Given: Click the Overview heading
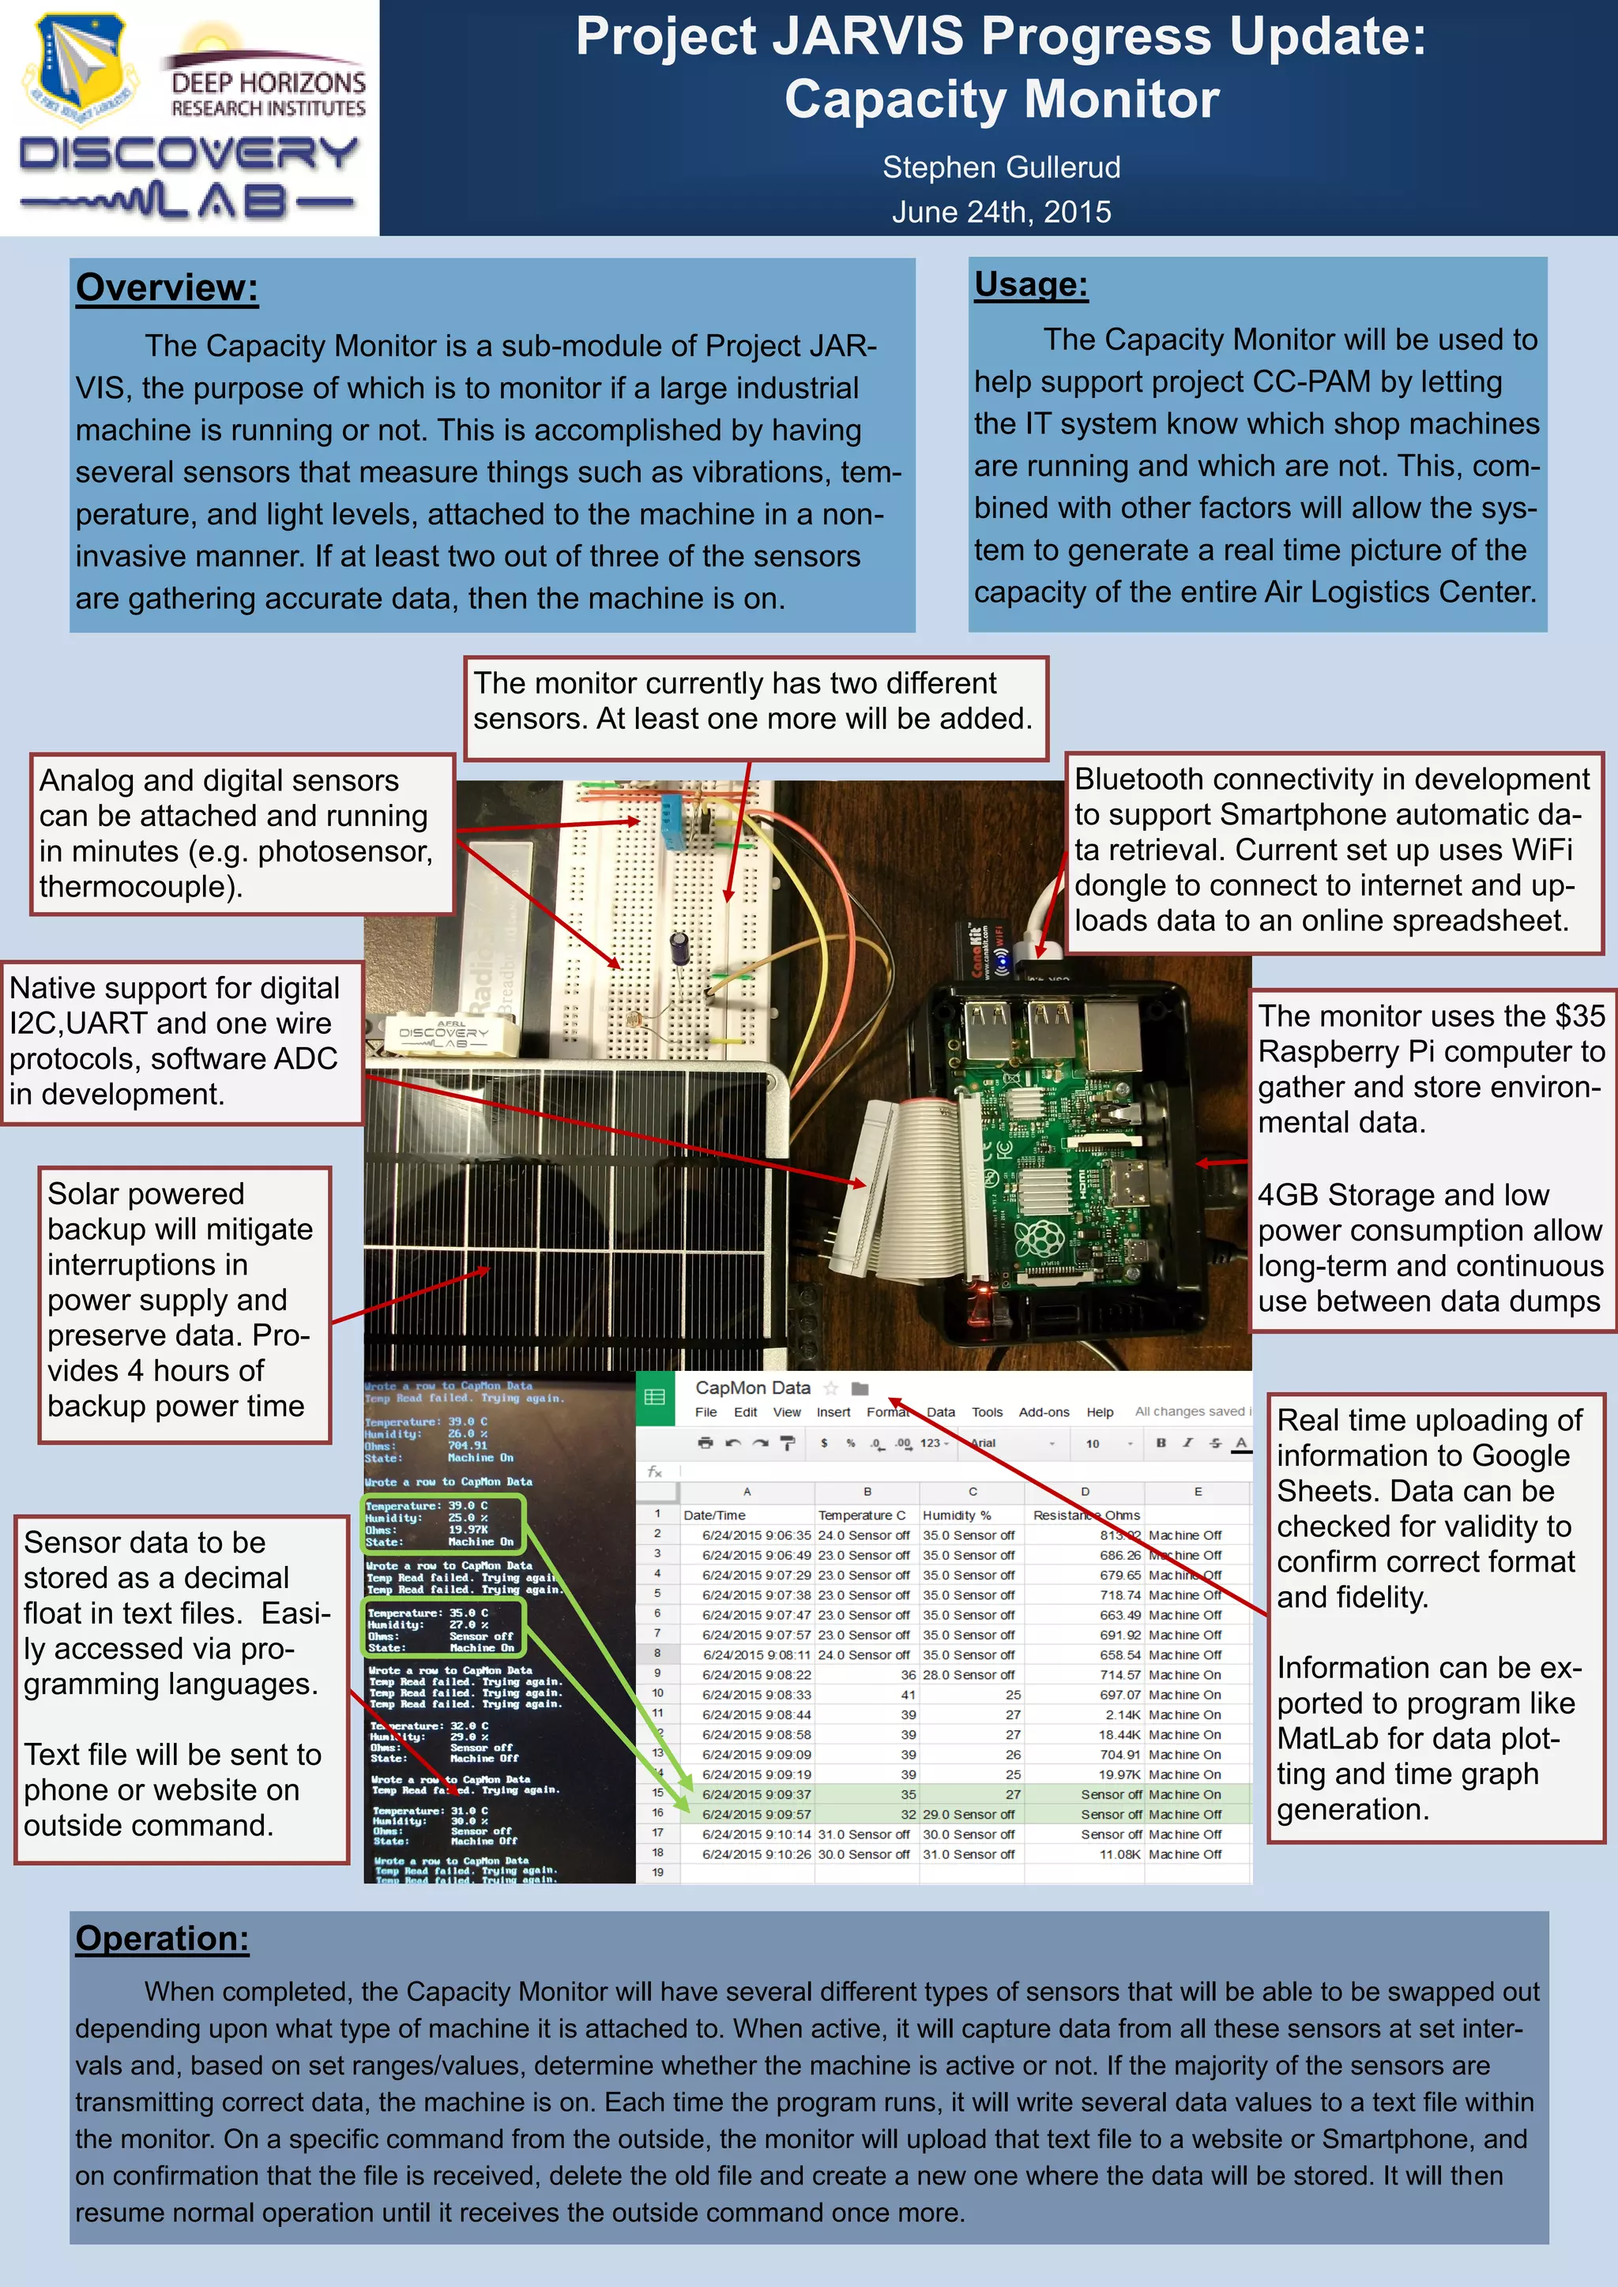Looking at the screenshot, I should coord(167,288).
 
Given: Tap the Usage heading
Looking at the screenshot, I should coord(1030,285).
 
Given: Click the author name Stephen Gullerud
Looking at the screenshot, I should coord(1000,167).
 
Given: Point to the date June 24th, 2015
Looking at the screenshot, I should coord(1000,212).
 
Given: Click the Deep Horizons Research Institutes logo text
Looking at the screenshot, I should coord(268,94).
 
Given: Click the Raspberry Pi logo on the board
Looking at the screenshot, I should coord(1038,1240).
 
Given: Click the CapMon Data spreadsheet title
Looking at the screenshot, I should coord(752,1388).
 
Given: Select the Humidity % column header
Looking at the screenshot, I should coord(957,1515).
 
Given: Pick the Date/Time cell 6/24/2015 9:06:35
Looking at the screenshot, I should coord(756,1535).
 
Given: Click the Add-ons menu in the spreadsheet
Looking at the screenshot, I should coord(1043,1413).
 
